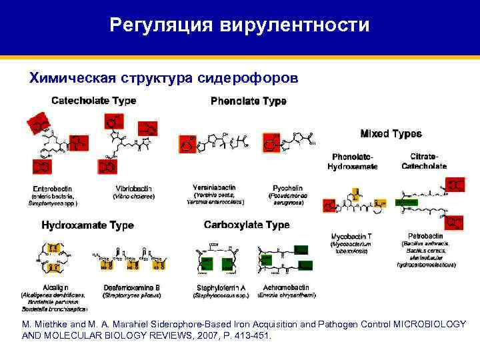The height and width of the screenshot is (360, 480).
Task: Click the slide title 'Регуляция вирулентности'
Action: pos(239,25)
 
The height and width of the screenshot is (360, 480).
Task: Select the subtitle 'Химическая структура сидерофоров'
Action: pos(159,78)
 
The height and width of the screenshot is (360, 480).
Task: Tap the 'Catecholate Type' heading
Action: pos(94,101)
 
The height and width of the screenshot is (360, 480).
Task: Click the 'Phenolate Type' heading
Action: pos(248,101)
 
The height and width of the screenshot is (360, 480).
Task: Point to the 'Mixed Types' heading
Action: pos(391,133)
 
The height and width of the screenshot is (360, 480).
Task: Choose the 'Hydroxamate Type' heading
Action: pos(87,225)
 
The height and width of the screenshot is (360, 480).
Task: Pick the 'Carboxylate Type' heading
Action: pos(247,225)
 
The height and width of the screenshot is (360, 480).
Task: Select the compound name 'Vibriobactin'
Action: pos(131,188)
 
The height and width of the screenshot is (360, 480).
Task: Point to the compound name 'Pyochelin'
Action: pos(289,187)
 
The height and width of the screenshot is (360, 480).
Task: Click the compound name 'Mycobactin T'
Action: pos(351,236)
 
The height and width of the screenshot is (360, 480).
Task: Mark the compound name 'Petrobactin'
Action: pos(425,236)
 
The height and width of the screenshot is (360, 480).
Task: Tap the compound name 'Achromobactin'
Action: pos(289,287)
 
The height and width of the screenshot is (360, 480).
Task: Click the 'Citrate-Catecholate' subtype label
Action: pos(424,161)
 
